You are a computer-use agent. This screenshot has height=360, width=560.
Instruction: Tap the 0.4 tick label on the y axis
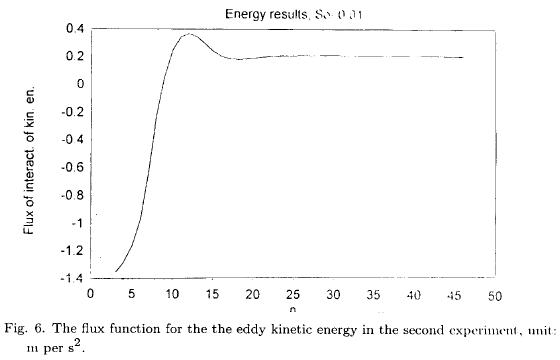[x=74, y=28]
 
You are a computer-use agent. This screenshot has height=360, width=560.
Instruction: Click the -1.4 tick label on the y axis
[x=71, y=277]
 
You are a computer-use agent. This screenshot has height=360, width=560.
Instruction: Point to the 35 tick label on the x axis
[x=373, y=294]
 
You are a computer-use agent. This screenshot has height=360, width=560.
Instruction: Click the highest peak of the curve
[x=188, y=34]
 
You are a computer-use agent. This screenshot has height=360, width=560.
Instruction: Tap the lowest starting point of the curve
[x=116, y=270]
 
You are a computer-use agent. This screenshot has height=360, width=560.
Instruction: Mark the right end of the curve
[x=463, y=57]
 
